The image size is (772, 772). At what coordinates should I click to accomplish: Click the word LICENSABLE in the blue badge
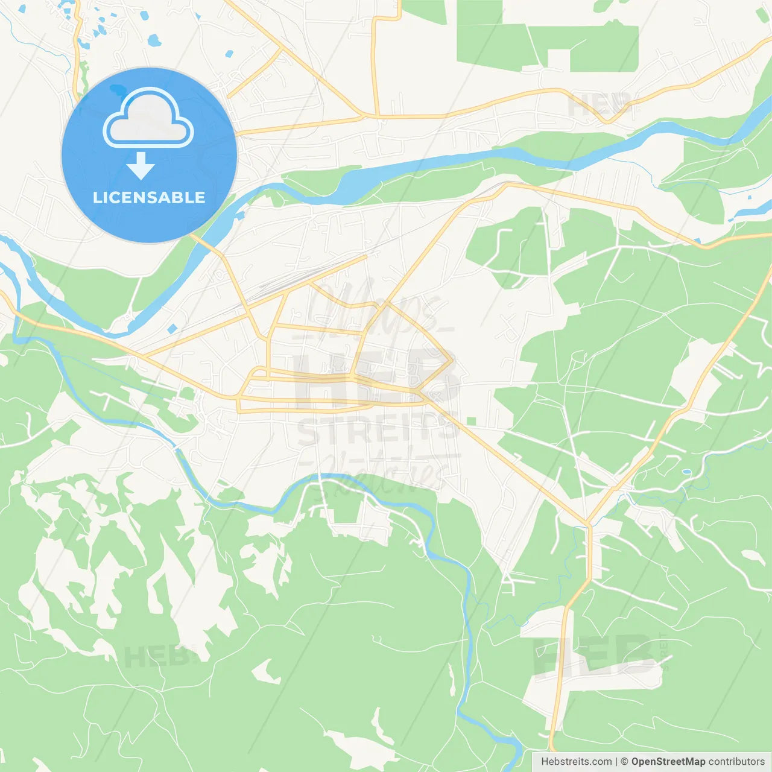point(149,197)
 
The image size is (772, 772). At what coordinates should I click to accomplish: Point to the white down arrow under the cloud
point(141,165)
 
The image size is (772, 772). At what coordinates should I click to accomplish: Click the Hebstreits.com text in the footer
point(576,762)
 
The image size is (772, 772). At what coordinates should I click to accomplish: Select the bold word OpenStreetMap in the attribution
point(668,762)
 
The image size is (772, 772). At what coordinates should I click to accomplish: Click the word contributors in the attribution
point(736,762)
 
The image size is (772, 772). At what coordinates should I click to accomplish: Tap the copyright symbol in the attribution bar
point(624,762)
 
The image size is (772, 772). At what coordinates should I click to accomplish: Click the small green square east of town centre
point(471,421)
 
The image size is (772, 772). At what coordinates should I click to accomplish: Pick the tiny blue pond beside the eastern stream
point(686,472)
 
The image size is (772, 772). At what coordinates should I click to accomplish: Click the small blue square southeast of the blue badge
point(172,329)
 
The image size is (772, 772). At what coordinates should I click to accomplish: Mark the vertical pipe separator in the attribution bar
point(616,762)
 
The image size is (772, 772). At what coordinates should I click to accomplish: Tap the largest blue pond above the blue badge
point(154,41)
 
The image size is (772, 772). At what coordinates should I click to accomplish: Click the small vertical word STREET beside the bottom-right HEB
point(665,651)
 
